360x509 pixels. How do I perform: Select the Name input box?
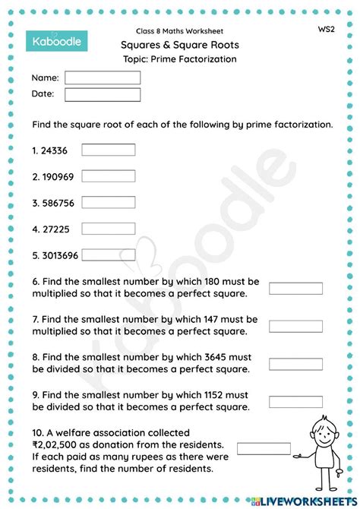pyautogui.click(x=103, y=77)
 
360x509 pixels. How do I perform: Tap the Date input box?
pyautogui.click(x=103, y=95)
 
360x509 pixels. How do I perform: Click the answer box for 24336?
pyautogui.click(x=108, y=150)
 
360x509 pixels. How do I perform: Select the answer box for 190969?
pyautogui.click(x=108, y=176)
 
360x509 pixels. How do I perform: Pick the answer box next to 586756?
pyautogui.click(x=108, y=202)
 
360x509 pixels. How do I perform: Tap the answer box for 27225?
pyautogui.click(x=108, y=228)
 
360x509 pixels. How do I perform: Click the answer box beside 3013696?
pyautogui.click(x=108, y=254)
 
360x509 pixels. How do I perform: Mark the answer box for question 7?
pyautogui.click(x=295, y=326)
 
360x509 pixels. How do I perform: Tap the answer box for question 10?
pyautogui.click(x=264, y=448)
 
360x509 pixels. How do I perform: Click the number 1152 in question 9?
pyautogui.click(x=210, y=394)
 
